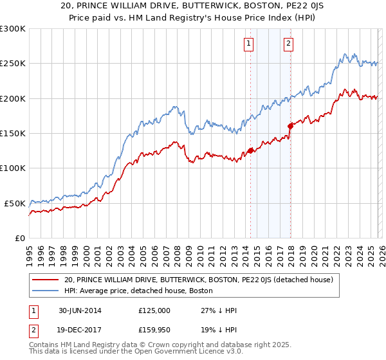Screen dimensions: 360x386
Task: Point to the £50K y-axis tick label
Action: [14, 203]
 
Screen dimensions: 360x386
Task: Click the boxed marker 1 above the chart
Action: [248, 44]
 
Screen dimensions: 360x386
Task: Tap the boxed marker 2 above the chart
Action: [288, 44]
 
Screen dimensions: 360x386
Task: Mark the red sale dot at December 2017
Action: [290, 126]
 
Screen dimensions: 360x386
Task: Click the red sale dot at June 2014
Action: [250, 151]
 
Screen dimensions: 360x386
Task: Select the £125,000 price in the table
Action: [154, 310]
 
